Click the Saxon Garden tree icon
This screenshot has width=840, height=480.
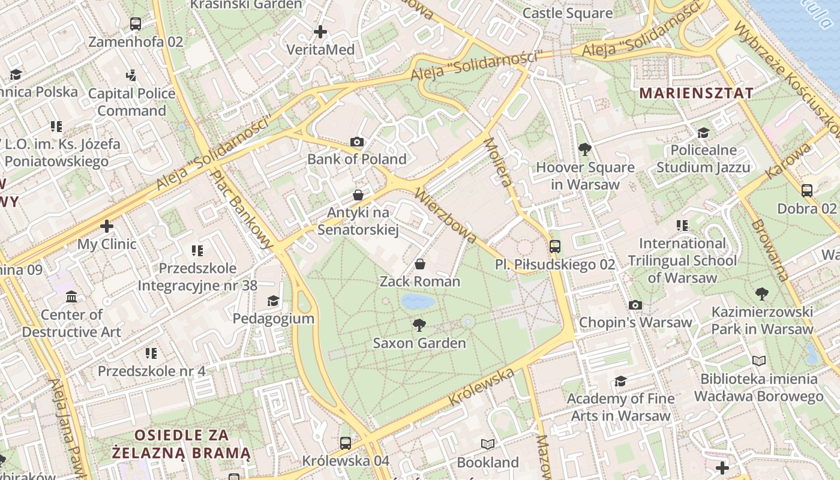419,325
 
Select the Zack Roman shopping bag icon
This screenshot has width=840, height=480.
420,264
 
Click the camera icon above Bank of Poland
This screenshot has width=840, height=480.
357,142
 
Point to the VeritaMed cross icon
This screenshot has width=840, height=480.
320,32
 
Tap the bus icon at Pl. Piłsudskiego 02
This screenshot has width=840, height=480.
555,247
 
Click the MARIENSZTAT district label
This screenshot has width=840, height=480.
696,93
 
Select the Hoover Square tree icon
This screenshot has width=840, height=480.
584,150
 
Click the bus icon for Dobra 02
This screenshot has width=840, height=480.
807,191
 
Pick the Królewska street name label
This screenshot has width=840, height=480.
482,388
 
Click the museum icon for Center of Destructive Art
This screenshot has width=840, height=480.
71,297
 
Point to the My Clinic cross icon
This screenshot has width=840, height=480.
107,226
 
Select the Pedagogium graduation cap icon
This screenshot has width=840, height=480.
274,301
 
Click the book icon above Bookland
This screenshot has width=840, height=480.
488,445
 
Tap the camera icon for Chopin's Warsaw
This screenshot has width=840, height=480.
635,305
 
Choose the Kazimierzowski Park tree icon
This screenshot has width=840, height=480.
762,294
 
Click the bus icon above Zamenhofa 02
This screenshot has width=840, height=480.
136,24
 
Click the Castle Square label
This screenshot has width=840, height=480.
568,13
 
